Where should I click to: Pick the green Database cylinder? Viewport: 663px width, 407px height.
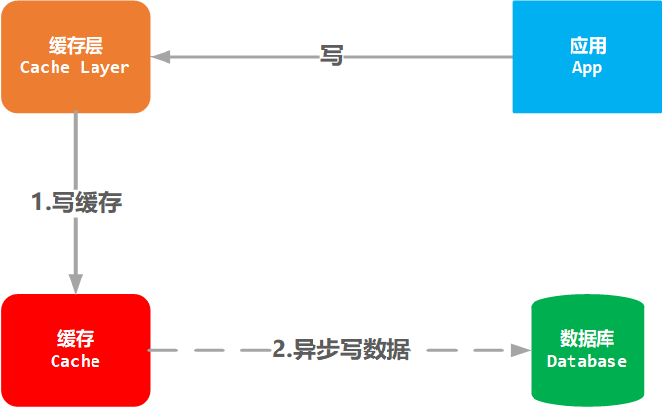coord(587,380)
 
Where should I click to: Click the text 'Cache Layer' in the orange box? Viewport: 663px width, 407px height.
coord(75,68)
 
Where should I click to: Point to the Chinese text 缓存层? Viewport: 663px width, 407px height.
coord(75,46)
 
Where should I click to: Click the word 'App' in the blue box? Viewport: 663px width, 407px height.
coord(587,68)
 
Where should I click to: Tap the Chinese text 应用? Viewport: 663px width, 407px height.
coord(587,46)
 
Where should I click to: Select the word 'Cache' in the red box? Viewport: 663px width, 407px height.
coord(75,361)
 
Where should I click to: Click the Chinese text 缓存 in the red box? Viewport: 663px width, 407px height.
coord(75,339)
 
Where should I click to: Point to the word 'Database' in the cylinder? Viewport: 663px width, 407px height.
coord(587,361)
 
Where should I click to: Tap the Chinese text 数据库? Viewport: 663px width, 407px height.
coord(587,339)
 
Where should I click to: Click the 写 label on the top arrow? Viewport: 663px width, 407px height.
coord(332,55)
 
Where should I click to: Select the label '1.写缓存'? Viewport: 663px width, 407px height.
coord(76,203)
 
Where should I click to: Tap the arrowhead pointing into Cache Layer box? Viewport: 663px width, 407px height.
coord(162,56)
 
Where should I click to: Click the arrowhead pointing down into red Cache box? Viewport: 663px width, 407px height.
coord(76,283)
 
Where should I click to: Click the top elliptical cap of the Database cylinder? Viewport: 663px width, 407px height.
coord(587,307)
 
